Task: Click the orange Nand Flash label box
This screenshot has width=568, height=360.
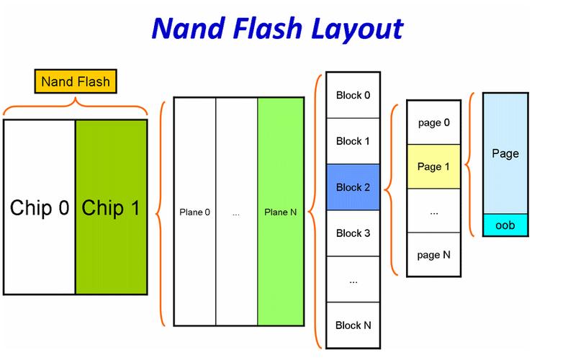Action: click(76, 81)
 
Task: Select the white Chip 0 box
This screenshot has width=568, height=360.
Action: click(40, 207)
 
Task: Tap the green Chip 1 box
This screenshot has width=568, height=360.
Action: click(111, 207)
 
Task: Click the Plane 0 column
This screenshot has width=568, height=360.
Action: click(194, 212)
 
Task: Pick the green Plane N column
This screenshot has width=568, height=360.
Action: click(281, 212)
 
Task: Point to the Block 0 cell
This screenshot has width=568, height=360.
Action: click(353, 94)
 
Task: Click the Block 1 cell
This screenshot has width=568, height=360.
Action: click(353, 140)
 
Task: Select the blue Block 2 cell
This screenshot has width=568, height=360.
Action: click(353, 187)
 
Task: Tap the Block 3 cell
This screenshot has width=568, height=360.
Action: click(353, 233)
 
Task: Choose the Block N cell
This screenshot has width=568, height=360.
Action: click(353, 325)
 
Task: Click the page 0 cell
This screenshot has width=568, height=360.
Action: click(433, 122)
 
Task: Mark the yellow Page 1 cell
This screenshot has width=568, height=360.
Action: click(433, 166)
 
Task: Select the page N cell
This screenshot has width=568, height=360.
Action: click(433, 254)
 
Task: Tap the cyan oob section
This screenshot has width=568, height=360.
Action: click(505, 225)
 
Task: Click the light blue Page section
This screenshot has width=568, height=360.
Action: click(505, 153)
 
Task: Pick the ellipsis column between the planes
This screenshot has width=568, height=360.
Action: click(236, 212)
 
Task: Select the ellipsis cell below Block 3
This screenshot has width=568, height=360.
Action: click(353, 280)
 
